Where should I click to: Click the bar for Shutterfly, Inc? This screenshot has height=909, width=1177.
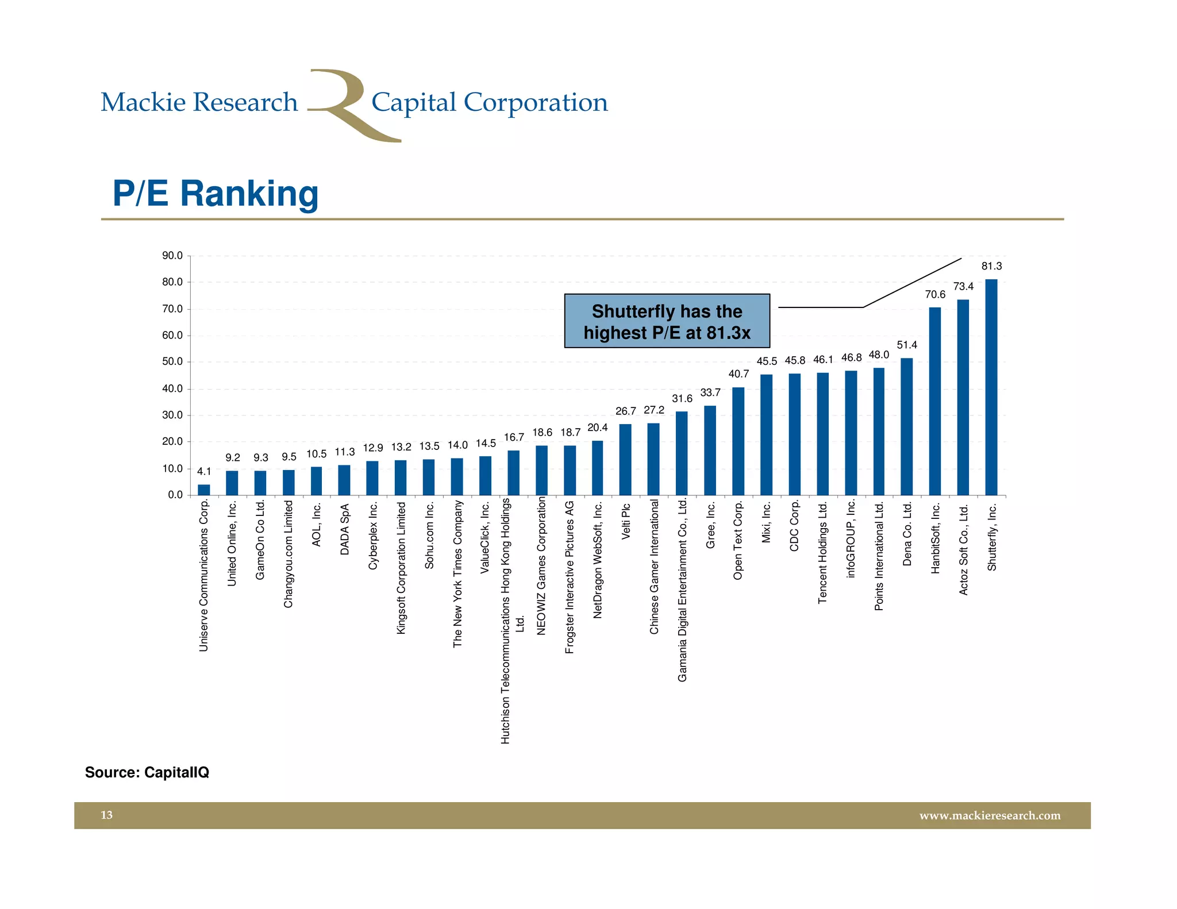(x=991, y=387)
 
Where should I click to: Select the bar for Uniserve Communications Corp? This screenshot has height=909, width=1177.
(x=204, y=490)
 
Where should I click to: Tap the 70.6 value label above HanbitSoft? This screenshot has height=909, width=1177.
(x=935, y=295)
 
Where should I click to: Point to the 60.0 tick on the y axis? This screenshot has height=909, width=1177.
(x=172, y=336)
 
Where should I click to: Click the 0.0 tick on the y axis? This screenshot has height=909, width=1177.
(x=175, y=495)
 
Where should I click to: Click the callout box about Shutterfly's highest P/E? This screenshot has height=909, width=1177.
(x=667, y=321)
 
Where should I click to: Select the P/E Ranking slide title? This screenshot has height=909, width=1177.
(x=216, y=194)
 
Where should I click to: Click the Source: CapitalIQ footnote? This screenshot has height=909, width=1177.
(x=147, y=772)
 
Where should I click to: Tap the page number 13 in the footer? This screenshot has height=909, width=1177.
(x=107, y=815)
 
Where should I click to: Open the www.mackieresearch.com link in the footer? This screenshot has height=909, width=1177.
(x=990, y=816)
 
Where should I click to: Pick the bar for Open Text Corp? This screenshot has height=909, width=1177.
(x=738, y=441)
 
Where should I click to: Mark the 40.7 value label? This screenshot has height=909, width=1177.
(x=738, y=374)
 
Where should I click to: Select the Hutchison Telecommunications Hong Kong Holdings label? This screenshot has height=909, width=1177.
(x=506, y=621)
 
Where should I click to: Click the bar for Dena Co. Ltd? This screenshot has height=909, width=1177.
(x=906, y=426)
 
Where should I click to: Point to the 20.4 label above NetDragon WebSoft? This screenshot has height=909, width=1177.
(x=597, y=428)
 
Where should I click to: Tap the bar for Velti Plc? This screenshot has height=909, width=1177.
(x=625, y=460)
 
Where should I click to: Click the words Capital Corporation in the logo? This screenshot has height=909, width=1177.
(x=489, y=103)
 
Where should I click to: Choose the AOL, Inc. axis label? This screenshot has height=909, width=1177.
(x=316, y=525)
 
